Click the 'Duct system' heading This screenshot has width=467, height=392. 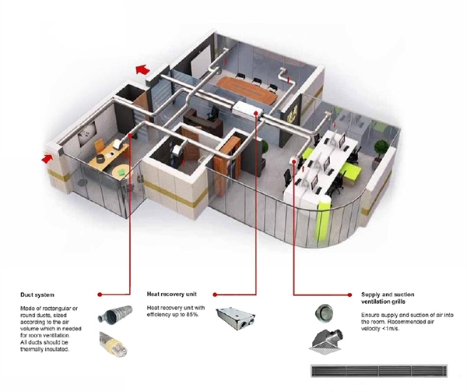point(37,295)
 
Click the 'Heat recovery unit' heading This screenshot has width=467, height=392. point(172,295)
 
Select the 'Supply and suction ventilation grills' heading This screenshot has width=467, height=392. point(388,298)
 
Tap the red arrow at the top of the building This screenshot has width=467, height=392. point(142,69)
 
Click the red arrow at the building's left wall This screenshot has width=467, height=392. point(47,158)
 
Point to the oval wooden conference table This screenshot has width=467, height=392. point(248,90)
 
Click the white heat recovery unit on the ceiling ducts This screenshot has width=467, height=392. point(248,109)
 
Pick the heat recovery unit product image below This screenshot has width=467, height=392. point(236,319)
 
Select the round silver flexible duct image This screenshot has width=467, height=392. point(115,315)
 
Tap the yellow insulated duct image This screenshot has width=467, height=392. point(114,344)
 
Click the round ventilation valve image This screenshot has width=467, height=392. point(324,313)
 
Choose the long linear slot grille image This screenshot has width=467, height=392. point(379,370)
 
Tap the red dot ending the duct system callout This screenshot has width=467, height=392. point(100,295)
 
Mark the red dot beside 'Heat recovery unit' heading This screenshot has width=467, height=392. point(215,295)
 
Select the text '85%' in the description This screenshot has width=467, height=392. point(192,315)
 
